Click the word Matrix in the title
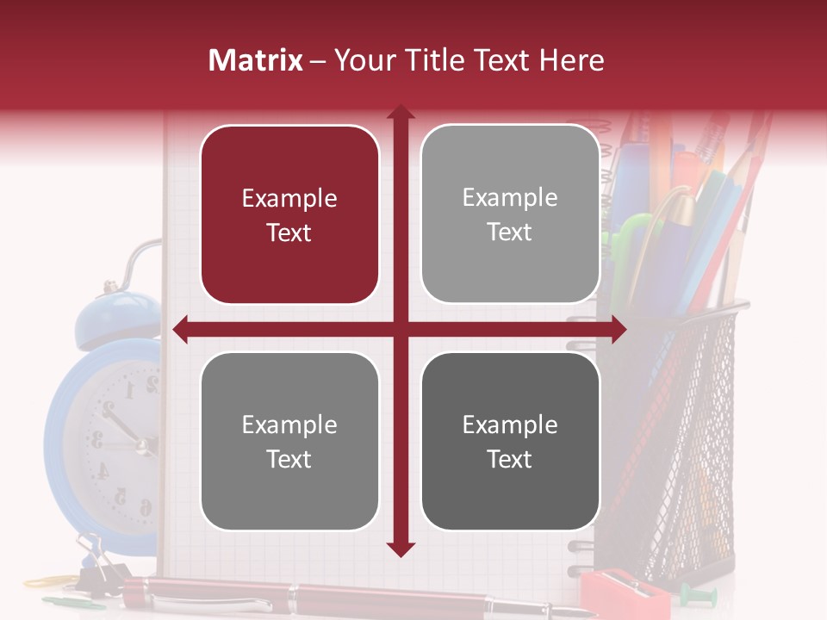point(255,60)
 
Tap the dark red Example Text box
point(289,214)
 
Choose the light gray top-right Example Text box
point(510,214)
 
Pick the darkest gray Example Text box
point(510,441)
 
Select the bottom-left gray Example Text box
point(289,441)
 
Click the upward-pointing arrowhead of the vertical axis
point(401,113)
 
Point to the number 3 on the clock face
point(96,441)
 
